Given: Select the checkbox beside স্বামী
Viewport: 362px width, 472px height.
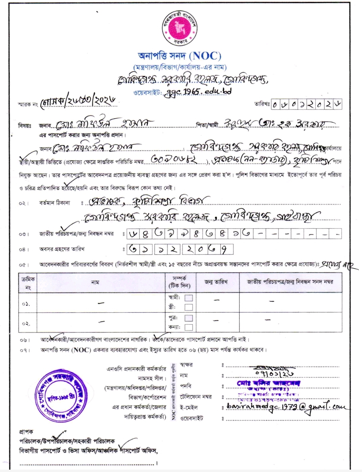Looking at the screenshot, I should coord(189,298).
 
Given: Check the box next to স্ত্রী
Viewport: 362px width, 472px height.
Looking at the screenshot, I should coord(189,307).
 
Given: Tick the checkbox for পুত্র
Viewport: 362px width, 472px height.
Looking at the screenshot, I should coord(189,318).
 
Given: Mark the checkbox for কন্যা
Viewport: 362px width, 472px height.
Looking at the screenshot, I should coord(189,327).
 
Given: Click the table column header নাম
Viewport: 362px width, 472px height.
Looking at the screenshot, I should coord(95,282).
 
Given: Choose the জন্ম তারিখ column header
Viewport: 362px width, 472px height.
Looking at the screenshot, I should coord(216,282).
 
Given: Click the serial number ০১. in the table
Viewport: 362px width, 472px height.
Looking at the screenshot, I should coord(26,304).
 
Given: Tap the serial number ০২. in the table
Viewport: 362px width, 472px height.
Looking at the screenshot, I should coord(26,324).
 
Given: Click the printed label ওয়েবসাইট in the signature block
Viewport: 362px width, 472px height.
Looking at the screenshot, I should coord(192,418).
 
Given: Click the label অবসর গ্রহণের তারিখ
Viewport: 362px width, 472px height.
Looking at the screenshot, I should coord(62,249).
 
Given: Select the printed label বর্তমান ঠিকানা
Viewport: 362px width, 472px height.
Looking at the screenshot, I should coord(55,203).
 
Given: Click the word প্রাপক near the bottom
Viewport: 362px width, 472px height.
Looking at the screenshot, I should coord(26,432).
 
